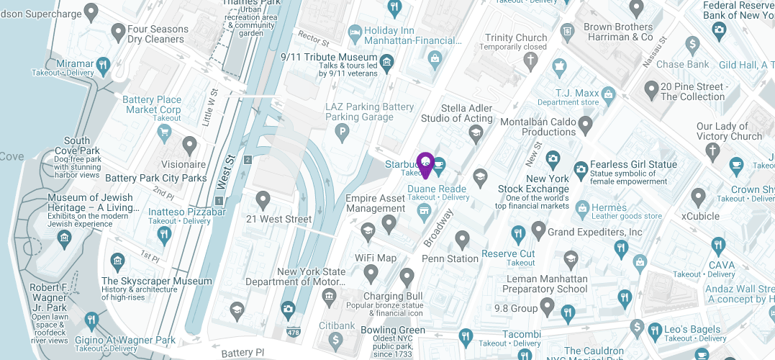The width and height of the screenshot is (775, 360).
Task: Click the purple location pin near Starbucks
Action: [x=425, y=165]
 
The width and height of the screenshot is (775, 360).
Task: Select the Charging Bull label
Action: [x=393, y=296]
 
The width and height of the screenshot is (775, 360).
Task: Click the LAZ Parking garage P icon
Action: [x=343, y=132]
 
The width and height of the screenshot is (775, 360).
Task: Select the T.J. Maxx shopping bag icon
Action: [x=609, y=94]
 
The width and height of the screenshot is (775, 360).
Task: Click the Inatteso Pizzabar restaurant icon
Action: [x=165, y=234]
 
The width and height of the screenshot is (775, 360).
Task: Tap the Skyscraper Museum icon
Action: [x=117, y=262]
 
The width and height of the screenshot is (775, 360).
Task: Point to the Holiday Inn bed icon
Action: [x=354, y=32]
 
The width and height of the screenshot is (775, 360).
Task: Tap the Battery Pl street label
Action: [x=237, y=353]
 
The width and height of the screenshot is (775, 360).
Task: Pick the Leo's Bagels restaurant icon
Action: [x=654, y=331]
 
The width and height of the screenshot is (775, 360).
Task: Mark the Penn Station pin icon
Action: [x=462, y=239]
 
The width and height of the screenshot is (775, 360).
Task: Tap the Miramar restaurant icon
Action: [x=103, y=64]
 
